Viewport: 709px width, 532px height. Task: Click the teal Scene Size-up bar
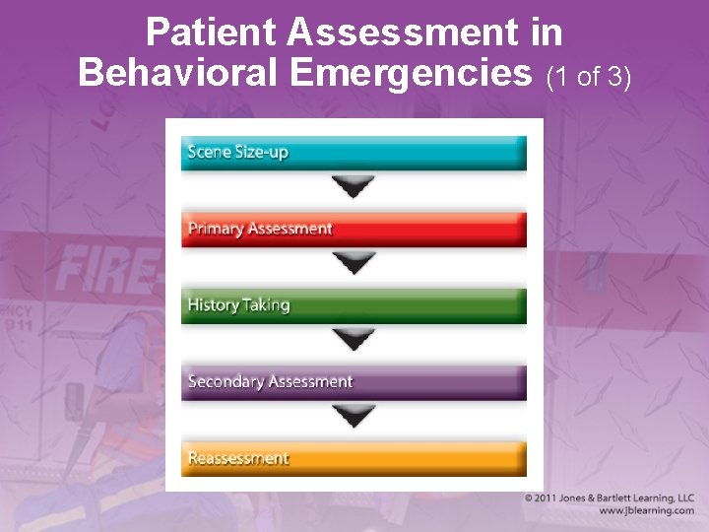click(354, 154)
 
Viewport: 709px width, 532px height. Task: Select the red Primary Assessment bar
click(354, 230)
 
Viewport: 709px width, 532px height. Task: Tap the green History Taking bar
click(354, 305)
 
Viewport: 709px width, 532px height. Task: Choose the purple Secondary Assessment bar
click(354, 382)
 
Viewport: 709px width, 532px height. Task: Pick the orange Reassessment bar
click(354, 459)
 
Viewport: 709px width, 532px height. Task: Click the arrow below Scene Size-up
click(354, 186)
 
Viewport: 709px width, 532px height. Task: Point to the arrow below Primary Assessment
click(354, 262)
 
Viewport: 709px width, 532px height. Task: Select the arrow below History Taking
click(354, 339)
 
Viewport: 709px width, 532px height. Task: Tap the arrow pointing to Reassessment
click(354, 415)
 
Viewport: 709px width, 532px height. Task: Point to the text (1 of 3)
click(587, 76)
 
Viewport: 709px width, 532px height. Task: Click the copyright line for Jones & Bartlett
click(609, 499)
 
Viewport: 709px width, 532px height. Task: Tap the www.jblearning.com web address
click(646, 511)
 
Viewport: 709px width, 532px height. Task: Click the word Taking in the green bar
click(267, 305)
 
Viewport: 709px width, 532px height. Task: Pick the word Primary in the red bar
click(215, 230)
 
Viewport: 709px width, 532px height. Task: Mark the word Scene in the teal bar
click(209, 154)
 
